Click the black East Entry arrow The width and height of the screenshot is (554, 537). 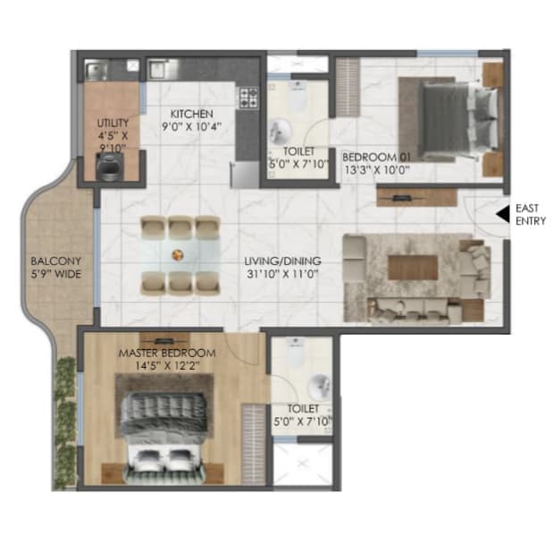click(503, 214)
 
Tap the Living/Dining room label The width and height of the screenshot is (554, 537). click(283, 261)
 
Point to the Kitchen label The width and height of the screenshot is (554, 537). click(192, 115)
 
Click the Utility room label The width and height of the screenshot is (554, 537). click(113, 122)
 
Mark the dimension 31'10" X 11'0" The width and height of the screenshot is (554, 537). click(283, 275)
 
